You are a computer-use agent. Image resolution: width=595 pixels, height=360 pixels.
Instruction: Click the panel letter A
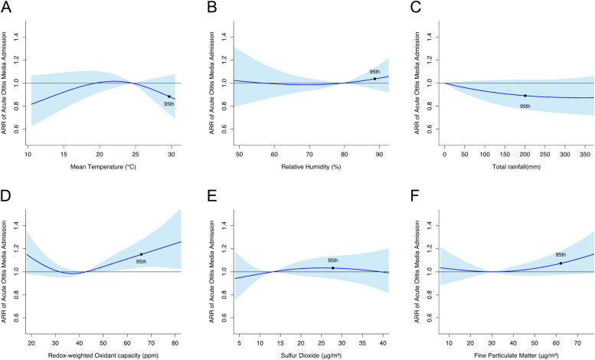pyautogui.click(x=6, y=7)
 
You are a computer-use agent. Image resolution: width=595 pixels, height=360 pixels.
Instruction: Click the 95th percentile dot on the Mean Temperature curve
pyautogui.click(x=169, y=97)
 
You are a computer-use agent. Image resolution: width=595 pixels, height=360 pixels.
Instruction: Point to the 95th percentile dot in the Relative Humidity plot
pyautogui.click(x=375, y=79)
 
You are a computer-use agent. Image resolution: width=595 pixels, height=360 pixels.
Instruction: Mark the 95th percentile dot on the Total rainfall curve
pyautogui.click(x=525, y=96)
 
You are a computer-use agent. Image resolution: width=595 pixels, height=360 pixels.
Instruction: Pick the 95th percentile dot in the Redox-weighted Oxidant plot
pyautogui.click(x=141, y=254)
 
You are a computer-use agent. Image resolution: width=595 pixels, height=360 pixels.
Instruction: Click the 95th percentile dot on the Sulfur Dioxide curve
pyautogui.click(x=333, y=268)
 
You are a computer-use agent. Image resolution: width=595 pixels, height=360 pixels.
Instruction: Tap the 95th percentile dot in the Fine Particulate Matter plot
pyautogui.click(x=561, y=263)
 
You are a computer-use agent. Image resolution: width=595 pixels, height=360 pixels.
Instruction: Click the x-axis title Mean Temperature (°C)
pyautogui.click(x=103, y=166)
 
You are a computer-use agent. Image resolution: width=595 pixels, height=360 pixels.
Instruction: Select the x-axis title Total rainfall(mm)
pyautogui.click(x=516, y=166)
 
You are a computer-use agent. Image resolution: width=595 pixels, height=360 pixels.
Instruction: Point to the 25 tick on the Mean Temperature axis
pyautogui.click(x=136, y=154)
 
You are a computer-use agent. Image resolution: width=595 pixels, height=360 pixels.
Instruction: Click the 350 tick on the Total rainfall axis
pyautogui.click(x=585, y=154)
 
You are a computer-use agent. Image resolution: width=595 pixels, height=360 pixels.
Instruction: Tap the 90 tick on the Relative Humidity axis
pyautogui.click(x=379, y=154)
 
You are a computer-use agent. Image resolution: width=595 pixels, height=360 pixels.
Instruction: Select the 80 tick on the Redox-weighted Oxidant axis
pyautogui.click(x=175, y=343)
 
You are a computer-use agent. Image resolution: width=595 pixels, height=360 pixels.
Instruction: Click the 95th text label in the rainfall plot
pyautogui.click(x=525, y=106)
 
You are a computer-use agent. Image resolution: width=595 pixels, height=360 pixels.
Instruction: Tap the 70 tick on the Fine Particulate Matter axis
pyautogui.click(x=578, y=343)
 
